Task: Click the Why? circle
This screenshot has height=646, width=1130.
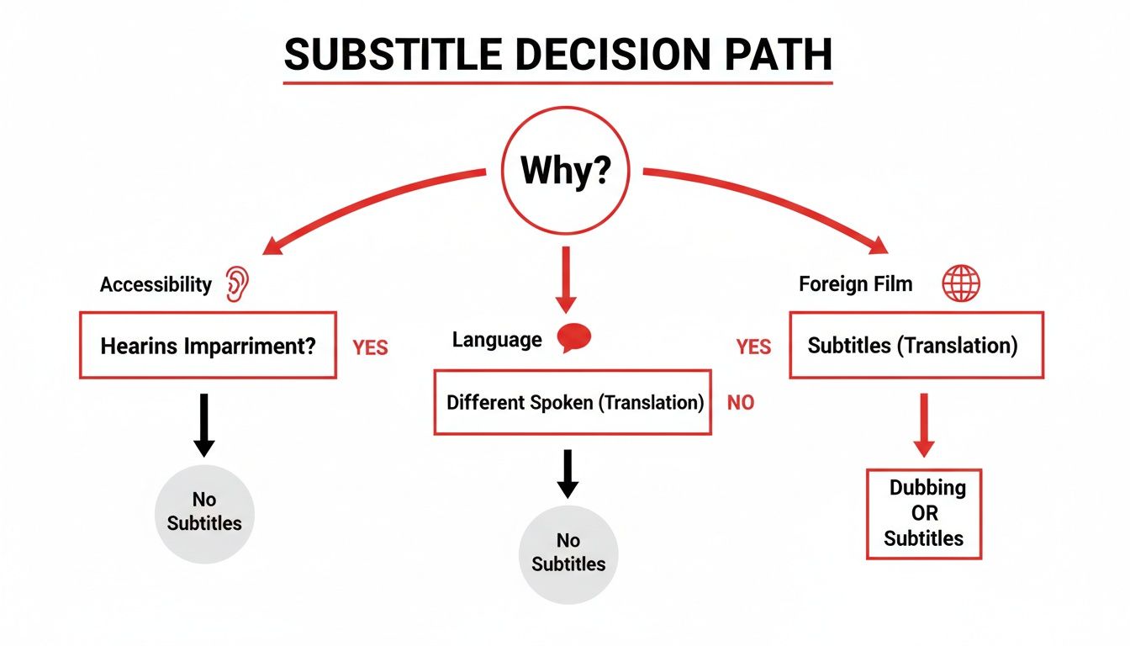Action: coord(564,171)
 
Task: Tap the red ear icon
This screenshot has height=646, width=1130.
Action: coord(238,284)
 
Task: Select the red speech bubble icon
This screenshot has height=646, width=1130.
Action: coord(574,338)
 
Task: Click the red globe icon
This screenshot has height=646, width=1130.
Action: coord(960,283)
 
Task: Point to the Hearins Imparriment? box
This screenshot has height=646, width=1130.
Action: coord(208,346)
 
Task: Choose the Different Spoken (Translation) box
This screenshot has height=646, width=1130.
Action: coord(573,402)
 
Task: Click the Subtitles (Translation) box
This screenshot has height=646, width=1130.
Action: coord(916,345)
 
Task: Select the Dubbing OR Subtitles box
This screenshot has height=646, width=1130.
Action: coord(923,513)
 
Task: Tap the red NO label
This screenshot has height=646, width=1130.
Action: coord(741,403)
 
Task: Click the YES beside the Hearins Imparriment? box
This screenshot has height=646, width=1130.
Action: coord(370,347)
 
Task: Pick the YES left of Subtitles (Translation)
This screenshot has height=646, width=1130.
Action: coord(753,347)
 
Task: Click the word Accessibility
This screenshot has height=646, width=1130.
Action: coord(156,284)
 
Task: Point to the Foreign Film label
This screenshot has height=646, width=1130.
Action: coord(855,283)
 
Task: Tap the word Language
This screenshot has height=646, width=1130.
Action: coord(497,340)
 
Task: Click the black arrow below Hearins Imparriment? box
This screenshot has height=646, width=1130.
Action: coord(203,426)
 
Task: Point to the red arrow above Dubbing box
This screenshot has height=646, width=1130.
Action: coord(924,425)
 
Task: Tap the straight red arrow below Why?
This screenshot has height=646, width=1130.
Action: coord(565,278)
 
